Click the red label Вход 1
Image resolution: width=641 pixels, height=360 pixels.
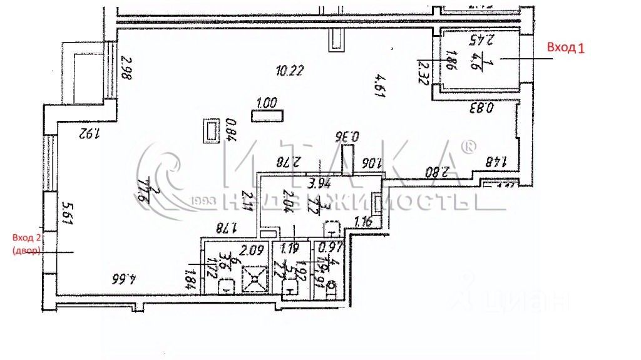pyautogui.click(x=565, y=48)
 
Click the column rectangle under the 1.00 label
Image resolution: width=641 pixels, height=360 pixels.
pyautogui.click(x=267, y=116)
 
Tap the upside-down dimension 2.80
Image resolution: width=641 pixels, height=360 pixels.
pyautogui.click(x=436, y=171)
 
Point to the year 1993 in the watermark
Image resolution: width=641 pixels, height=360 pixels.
pyautogui.click(x=204, y=201)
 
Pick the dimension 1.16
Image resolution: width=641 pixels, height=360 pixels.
pyautogui.click(x=363, y=221)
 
